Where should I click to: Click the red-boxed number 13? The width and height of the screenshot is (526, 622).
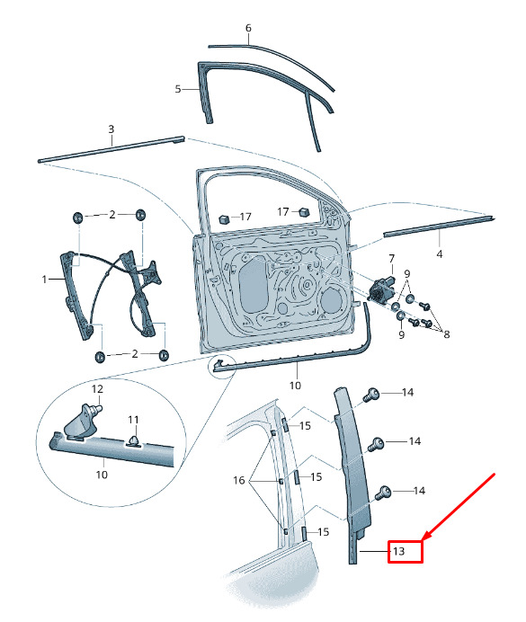coord(398,551)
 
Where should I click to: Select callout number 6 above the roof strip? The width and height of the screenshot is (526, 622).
coord(248,28)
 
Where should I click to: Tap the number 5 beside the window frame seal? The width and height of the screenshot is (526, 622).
coord(178,89)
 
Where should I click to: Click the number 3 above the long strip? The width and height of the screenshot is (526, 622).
coord(111,129)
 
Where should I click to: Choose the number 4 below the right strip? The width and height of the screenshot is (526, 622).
coord(439,253)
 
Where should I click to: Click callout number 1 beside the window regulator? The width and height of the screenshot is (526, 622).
coord(44,280)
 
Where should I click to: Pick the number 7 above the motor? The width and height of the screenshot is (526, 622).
coord(391,259)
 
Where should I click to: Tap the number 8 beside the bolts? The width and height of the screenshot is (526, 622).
coord(447,334)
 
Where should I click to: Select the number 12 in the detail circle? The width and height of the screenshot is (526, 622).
coord(97,389)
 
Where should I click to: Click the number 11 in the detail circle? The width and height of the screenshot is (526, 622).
coord(133,419)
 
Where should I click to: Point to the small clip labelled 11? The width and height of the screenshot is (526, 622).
coord(135,440)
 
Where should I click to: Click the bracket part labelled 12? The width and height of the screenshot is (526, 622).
coord(83,422)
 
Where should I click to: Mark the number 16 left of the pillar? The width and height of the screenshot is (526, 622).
coord(239,480)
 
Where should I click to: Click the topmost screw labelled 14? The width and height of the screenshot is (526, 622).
coord(370,395)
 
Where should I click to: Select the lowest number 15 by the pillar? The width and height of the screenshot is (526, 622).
coord(324,532)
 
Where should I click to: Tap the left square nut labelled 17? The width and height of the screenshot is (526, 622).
coord(225,218)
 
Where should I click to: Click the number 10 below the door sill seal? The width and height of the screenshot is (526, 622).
coord(295,386)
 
